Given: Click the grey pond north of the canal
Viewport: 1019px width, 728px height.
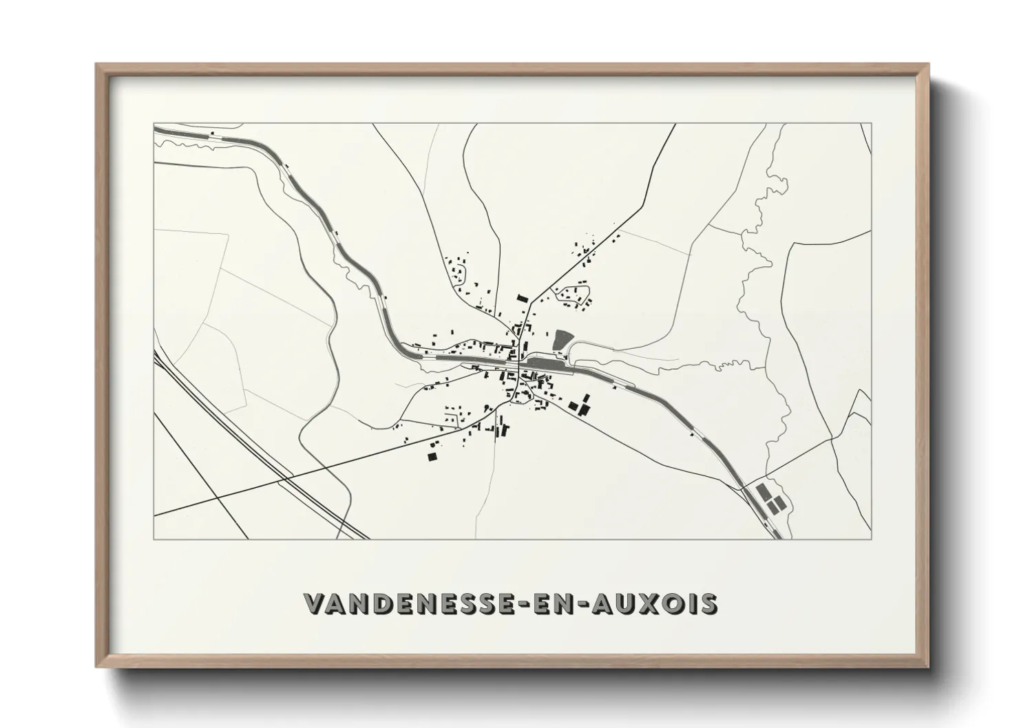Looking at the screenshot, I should click(x=562, y=340).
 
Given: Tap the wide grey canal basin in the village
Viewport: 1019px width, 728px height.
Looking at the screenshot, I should click(x=544, y=361).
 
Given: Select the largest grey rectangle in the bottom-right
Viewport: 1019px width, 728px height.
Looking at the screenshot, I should click(x=762, y=493).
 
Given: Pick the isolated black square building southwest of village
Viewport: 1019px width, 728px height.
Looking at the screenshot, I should click(x=432, y=456).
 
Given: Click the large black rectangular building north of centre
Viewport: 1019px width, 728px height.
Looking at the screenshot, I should click(x=521, y=298).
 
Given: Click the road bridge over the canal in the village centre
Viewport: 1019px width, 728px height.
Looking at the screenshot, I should click(x=514, y=363).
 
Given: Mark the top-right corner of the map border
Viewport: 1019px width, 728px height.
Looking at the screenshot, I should click(x=872, y=124).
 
